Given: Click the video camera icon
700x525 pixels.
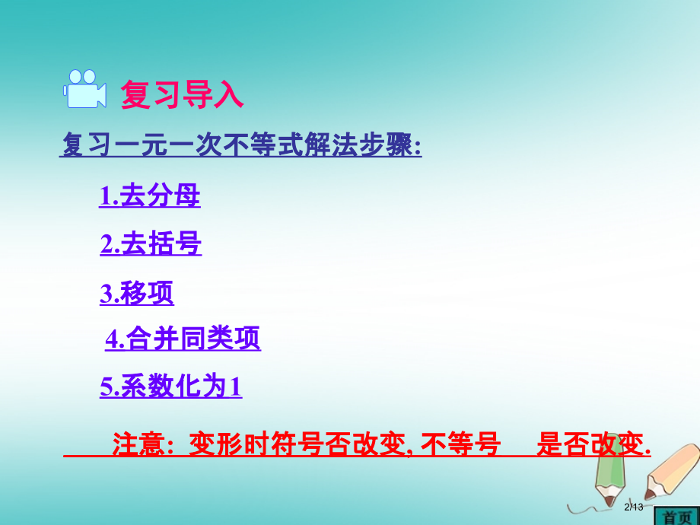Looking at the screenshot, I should click(84, 89).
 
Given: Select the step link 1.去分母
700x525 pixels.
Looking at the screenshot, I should click(150, 197).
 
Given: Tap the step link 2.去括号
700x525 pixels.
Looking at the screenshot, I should click(151, 245).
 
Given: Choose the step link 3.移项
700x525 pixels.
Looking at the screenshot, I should click(137, 294).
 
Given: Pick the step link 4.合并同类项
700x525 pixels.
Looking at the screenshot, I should click(183, 340).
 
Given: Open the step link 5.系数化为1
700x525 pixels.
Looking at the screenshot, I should click(171, 388).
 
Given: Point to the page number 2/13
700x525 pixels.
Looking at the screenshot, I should click(633, 508).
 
